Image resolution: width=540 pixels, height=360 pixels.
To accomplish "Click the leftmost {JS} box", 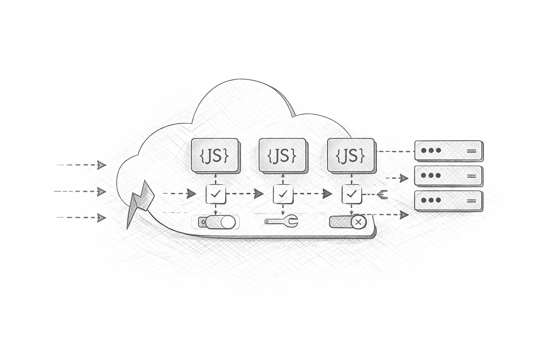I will [214, 155].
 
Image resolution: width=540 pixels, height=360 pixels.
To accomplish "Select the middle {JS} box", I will [282, 155].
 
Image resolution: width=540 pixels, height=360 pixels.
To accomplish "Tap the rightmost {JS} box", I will [350, 155].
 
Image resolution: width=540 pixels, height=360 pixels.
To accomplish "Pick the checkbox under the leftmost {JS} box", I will [216, 194].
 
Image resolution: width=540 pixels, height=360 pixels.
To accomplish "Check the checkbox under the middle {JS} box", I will [283, 194].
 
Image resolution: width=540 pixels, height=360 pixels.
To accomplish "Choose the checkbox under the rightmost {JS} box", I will [351, 194].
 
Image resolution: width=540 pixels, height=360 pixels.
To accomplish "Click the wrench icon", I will [281, 222].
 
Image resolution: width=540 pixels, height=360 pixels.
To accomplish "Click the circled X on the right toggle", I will [358, 222].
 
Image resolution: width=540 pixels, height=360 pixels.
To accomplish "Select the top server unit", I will [448, 151].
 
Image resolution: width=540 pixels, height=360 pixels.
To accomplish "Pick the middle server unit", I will [448, 175].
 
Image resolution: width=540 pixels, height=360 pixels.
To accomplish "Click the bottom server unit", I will [448, 200].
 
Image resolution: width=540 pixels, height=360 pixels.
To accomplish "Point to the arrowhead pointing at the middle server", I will [403, 178].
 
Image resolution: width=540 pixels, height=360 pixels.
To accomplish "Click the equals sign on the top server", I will [471, 151].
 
